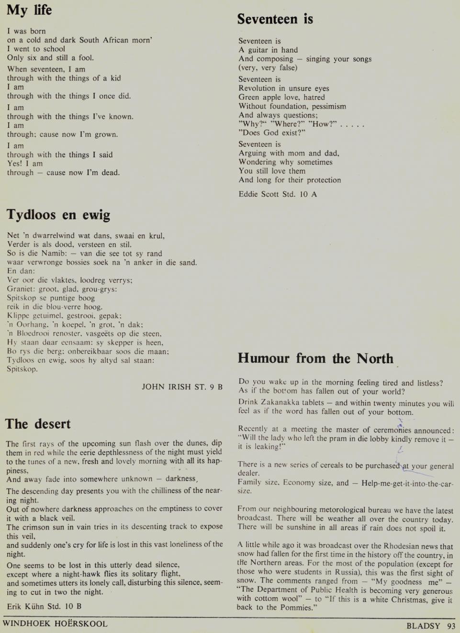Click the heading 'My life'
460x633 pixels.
29,10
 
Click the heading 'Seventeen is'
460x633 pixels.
275,19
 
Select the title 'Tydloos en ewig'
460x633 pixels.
58,215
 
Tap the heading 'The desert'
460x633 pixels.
38,424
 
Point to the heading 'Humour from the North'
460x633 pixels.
315,358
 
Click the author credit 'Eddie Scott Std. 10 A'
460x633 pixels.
278,194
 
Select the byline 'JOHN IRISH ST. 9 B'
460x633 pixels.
182,387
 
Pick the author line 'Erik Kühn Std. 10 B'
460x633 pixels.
44,606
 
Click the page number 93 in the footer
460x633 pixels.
451,626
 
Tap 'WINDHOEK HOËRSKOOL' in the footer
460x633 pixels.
55,623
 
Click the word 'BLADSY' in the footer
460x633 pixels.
423,626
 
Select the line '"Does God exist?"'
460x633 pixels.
272,133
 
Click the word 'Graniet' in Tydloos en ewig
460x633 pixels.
20,289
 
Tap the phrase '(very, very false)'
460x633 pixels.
268,68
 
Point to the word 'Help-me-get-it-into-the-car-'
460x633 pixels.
407,483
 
